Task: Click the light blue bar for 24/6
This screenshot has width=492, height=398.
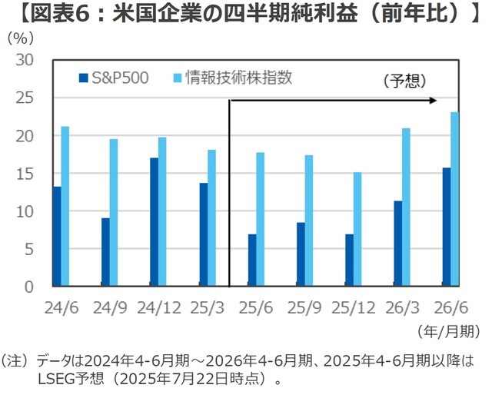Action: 65,206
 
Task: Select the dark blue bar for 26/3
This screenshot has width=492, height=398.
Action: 397,243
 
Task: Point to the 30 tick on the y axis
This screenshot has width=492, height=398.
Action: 25,60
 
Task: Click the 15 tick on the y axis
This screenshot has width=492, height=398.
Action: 25,173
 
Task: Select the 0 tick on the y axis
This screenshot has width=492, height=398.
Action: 29,287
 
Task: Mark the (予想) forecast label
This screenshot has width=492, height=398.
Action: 404,80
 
